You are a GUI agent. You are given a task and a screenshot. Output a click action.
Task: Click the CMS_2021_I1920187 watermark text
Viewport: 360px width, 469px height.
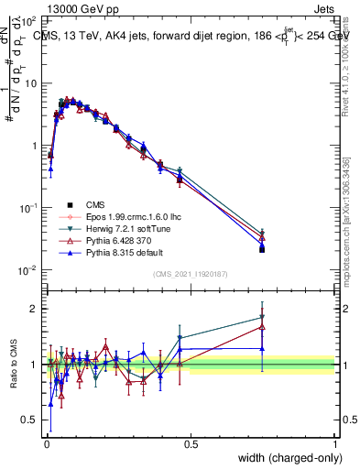point(191,274)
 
